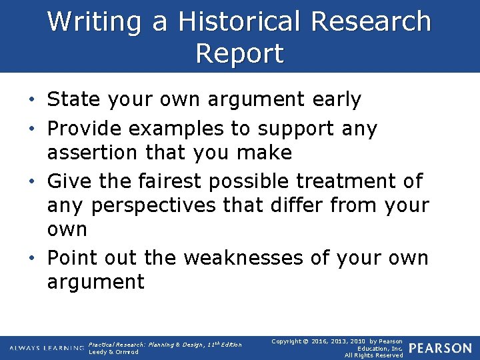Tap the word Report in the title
[240, 53]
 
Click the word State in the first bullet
[71, 100]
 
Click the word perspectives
[153, 205]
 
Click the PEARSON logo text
[441, 349]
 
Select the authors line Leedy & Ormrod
[113, 352]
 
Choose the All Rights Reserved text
[373, 355]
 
